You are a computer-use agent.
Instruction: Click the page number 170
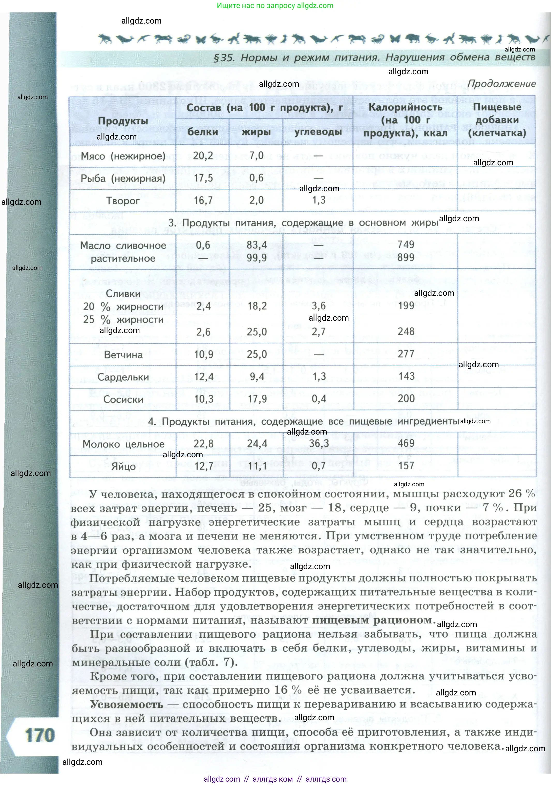point(40,735)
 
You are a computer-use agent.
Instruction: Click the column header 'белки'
point(203,132)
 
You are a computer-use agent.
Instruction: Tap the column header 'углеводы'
point(318,132)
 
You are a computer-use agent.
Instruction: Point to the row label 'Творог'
point(123,201)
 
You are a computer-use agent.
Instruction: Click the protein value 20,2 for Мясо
point(203,156)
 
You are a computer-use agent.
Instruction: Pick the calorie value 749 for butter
point(406,244)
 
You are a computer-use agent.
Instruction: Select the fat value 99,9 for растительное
point(257,258)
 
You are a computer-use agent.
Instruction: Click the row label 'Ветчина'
point(123,355)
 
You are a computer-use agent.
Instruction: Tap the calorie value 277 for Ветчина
point(406,354)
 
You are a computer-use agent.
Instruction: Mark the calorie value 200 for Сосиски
point(406,399)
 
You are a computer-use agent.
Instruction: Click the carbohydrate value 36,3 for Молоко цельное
point(319,444)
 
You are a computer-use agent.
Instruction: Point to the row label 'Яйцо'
point(123,467)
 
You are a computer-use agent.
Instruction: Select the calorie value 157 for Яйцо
point(406,466)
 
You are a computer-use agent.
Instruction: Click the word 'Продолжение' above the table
point(501,84)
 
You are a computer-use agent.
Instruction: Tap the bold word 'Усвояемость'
point(127,704)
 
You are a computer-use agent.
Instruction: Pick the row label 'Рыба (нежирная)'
point(123,178)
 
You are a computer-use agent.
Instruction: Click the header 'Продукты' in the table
point(123,121)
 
